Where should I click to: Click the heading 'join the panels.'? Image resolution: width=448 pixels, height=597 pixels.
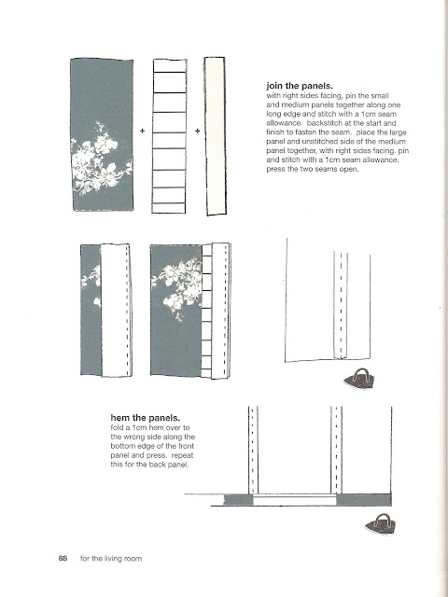[300, 86]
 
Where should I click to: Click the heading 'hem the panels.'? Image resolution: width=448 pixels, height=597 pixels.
[146, 418]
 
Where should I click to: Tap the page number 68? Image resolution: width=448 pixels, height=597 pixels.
[63, 558]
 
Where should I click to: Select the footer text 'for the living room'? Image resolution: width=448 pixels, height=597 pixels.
[111, 559]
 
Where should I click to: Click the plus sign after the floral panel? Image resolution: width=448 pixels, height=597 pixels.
[143, 131]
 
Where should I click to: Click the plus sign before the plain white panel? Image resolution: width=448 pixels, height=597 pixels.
[197, 131]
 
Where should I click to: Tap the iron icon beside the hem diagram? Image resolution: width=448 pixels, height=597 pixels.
[381, 524]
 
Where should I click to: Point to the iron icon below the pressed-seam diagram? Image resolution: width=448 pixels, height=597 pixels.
[358, 379]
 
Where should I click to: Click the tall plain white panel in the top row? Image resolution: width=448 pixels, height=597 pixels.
[216, 136]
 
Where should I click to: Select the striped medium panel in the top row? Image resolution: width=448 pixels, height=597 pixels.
[169, 136]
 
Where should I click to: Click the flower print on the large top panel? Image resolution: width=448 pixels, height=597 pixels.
[101, 159]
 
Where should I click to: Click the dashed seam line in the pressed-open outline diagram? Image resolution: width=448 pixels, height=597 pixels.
[341, 305]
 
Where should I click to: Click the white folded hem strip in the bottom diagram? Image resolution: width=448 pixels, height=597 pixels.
[295, 500]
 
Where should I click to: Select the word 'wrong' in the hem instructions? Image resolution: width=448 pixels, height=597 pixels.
[134, 437]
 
